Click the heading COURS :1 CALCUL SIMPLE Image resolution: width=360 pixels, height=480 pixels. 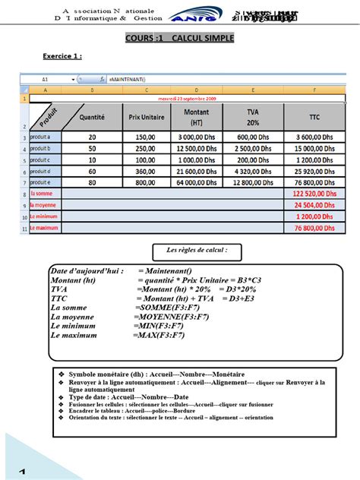coord(179,38)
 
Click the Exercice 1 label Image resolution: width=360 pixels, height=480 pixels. coord(62,56)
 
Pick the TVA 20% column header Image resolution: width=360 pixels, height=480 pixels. coord(253,116)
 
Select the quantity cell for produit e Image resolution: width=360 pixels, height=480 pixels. coord(92,183)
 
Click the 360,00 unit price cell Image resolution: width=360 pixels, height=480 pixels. coord(147,172)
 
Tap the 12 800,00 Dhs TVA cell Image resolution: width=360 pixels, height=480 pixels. coord(253,183)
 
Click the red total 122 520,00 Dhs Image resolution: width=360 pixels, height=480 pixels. coord(314,194)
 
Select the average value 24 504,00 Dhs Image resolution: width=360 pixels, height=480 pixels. coord(314,206)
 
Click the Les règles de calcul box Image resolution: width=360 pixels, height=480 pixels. coord(197,250)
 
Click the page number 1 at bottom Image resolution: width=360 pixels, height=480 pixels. coord(23,472)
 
